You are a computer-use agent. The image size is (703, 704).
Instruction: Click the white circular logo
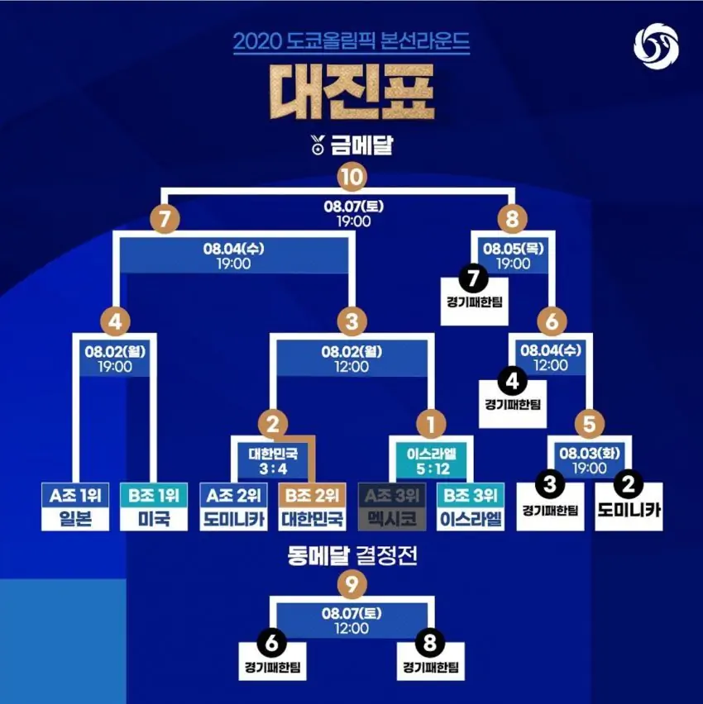pyautogui.click(x=656, y=46)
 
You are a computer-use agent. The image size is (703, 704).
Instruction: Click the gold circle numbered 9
pyautogui.click(x=351, y=585)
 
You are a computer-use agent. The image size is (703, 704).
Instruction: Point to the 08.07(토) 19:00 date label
pyautogui.click(x=351, y=214)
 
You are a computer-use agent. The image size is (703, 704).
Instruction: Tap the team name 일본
pyautogui.click(x=75, y=519)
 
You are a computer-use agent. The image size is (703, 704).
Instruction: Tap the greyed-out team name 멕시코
pyautogui.click(x=392, y=519)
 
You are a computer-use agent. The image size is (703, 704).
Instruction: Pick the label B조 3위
pyautogui.click(x=471, y=496)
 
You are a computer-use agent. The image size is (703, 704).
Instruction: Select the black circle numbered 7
pyautogui.click(x=473, y=280)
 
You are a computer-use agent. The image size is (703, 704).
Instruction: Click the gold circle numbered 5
pyautogui.click(x=589, y=426)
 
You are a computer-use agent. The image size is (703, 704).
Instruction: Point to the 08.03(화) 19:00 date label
pyautogui.click(x=589, y=461)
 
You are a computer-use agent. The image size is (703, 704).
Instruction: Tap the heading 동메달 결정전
pyautogui.click(x=351, y=555)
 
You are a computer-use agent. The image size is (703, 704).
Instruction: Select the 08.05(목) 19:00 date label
pyautogui.click(x=513, y=255)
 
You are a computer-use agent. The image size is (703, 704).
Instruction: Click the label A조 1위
pyautogui.click(x=75, y=496)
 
